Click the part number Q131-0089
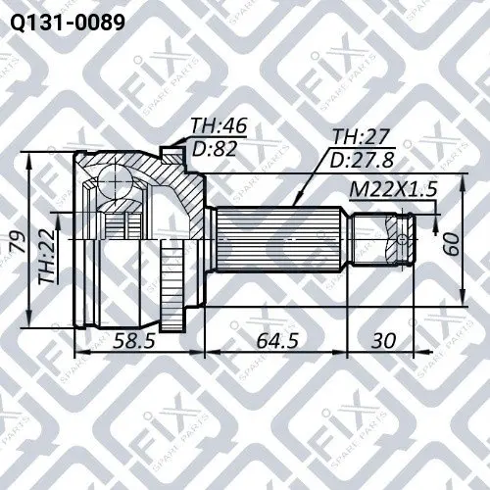[68, 23]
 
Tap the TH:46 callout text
[219, 125]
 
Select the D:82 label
[215, 149]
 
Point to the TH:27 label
[361, 136]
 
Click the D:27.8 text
[362, 160]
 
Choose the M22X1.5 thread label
[393, 189]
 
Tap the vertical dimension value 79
[18, 241]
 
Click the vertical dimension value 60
[451, 244]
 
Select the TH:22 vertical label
[46, 256]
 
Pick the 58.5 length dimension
[133, 341]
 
